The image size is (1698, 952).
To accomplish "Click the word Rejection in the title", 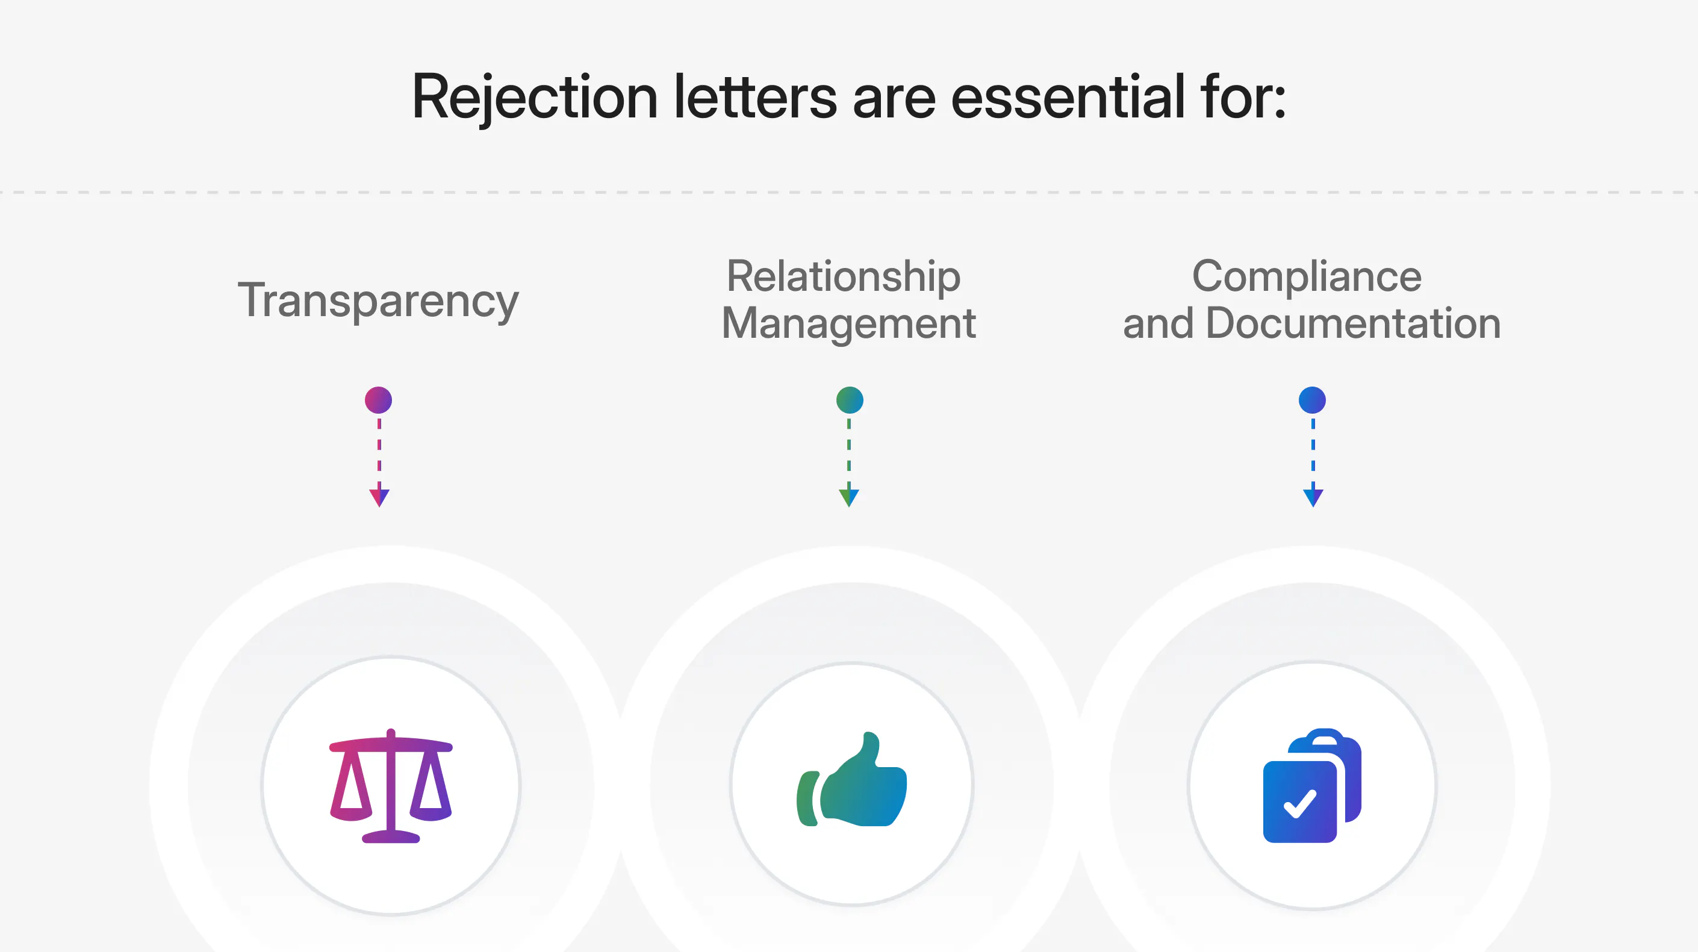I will (x=535, y=98).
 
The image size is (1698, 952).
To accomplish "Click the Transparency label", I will (x=378, y=300).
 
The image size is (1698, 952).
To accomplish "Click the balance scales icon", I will (x=391, y=785).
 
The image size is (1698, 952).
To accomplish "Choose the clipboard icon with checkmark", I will (x=1311, y=785).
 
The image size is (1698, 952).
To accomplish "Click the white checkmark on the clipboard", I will (x=1300, y=804).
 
